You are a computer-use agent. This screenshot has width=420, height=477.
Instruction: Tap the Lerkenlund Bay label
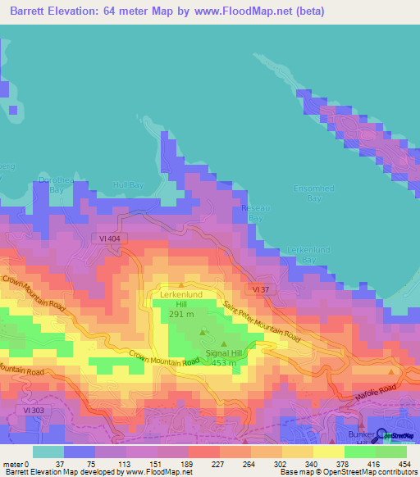pos(302,254)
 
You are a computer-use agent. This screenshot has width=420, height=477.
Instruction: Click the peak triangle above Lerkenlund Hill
pos(180,285)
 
